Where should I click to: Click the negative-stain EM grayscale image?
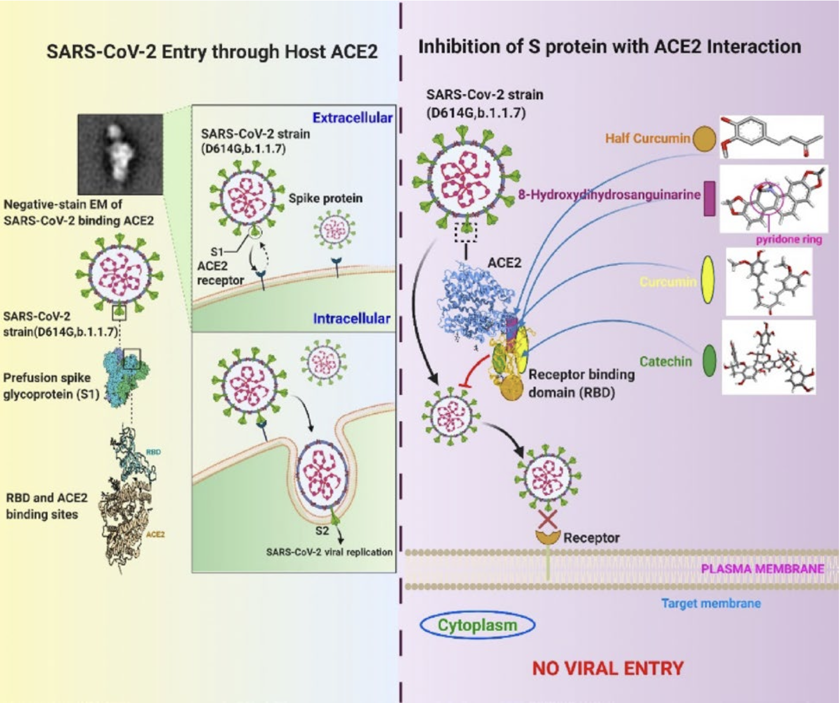(120, 154)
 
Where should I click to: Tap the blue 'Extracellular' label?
(352, 118)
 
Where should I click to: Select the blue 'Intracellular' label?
(352, 318)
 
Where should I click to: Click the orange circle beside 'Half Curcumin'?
(704, 139)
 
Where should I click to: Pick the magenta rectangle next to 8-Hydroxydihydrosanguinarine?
(709, 198)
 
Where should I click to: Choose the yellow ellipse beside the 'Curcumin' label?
(708, 280)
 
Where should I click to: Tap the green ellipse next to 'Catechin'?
(709, 361)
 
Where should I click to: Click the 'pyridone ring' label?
(788, 239)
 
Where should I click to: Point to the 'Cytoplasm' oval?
(478, 625)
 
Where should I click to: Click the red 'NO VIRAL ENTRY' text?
(608, 668)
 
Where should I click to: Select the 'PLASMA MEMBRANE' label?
(762, 569)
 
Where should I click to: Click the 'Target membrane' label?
(710, 603)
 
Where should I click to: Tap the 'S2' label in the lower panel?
(322, 531)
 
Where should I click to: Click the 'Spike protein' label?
(325, 198)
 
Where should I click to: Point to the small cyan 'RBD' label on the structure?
(154, 452)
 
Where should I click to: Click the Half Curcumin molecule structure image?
(771, 137)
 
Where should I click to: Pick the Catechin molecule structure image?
(769, 357)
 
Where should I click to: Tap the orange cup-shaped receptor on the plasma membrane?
(548, 537)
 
